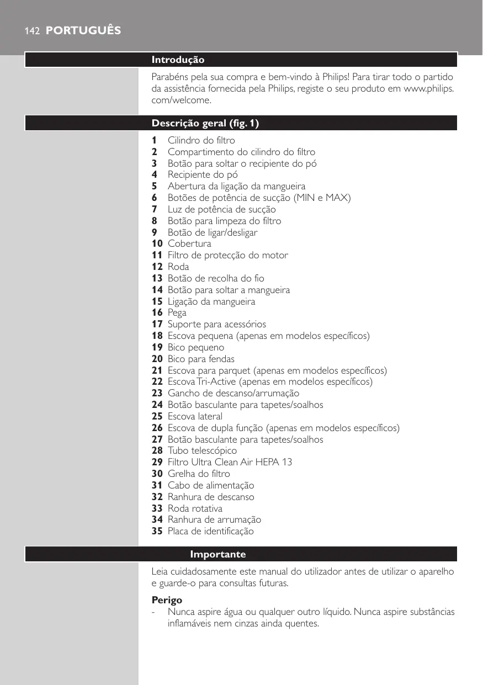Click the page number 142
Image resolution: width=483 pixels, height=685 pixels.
coord(31,31)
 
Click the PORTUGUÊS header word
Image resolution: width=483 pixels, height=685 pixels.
coord(83,31)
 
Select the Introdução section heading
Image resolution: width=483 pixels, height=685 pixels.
coord(178,60)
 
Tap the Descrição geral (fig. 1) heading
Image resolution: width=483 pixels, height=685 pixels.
coord(205,123)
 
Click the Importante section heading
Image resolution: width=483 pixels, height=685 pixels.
coord(218,554)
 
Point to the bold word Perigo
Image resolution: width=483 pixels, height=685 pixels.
coord(167,599)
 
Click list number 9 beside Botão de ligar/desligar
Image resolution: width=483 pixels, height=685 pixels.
coord(155,232)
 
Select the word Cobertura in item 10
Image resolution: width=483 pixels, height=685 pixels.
coord(189,243)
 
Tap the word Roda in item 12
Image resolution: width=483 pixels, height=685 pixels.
coord(178,267)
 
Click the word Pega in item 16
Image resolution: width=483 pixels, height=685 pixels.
coord(177,312)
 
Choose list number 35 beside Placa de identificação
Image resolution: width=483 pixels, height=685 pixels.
coord(157,531)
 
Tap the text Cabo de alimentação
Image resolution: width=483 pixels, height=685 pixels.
coord(211,485)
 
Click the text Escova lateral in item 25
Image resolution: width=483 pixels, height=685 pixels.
coord(195,416)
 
